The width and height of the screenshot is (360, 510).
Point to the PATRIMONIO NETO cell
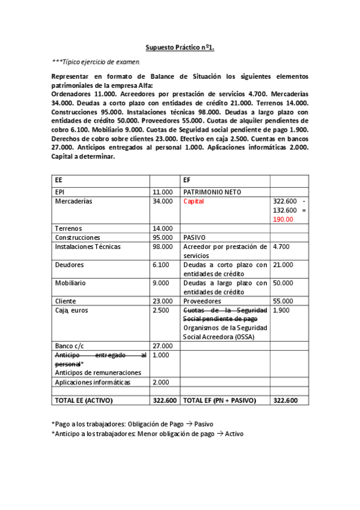212,192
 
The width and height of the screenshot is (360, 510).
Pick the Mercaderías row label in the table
73,201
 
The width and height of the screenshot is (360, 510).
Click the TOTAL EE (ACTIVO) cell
84,400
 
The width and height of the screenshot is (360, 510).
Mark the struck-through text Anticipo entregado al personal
100,360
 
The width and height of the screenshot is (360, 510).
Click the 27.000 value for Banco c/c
162,346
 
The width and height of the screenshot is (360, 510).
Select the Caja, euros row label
71,310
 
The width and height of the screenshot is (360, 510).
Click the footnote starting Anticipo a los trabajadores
147,434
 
